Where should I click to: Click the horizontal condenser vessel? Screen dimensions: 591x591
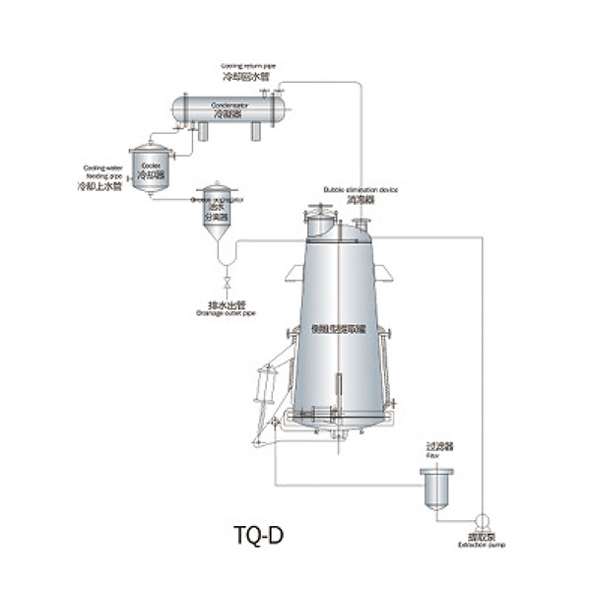tap(228, 106)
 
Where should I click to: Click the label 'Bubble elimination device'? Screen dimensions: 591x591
tap(361, 187)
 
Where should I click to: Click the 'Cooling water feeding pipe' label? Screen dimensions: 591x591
tap(99, 172)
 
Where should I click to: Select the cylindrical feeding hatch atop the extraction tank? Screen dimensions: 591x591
tap(317, 221)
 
